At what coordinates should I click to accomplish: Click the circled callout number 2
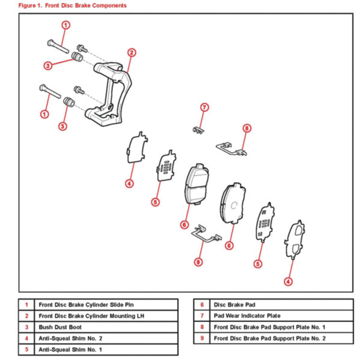[x=132, y=53]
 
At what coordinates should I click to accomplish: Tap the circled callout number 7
[x=204, y=107]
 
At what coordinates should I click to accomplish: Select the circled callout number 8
[x=247, y=128]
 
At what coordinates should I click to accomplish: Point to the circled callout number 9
[x=198, y=262]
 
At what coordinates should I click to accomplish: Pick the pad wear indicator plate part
[x=198, y=131]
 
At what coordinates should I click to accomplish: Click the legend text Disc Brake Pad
[x=234, y=305]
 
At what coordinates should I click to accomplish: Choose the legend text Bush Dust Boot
[x=60, y=327]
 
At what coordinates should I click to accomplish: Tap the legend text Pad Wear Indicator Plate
[x=247, y=316]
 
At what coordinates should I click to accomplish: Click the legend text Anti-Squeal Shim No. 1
[x=70, y=350]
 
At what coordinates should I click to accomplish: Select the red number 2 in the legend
[x=26, y=316]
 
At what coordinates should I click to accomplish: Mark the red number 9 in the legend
[x=202, y=338]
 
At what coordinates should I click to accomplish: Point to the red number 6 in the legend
[x=202, y=305]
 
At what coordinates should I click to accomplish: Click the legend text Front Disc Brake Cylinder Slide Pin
[x=86, y=305]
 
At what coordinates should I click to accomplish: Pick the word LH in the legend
[x=140, y=316]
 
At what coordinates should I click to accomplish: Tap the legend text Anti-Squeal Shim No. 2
[x=70, y=338]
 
